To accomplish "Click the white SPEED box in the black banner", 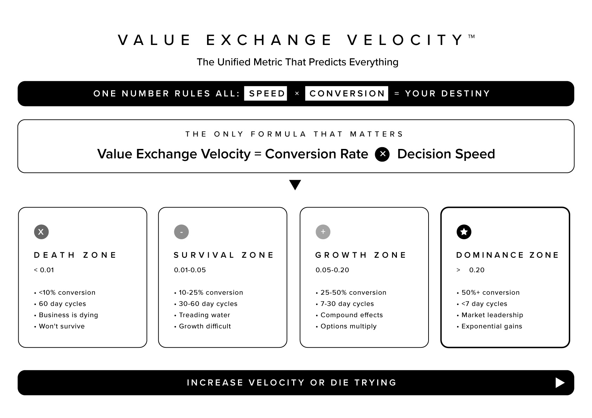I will (265, 93).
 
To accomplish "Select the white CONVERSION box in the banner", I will (347, 93).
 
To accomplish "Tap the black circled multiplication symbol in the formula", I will (382, 154).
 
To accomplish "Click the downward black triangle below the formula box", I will (295, 185).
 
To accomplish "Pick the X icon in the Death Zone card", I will (41, 232).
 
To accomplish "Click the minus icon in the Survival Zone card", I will (181, 232).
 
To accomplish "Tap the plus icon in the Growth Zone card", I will (323, 232).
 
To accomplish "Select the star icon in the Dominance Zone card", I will (464, 232).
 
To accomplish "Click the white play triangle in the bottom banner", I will (560, 383).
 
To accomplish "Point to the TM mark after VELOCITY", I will (471, 37).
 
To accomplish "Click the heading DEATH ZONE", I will (75, 255).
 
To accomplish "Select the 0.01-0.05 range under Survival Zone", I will (190, 270).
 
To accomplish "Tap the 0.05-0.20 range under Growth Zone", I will (332, 270).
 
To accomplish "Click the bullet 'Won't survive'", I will (62, 326).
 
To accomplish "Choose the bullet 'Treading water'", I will (204, 315).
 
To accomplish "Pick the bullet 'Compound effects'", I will (352, 315).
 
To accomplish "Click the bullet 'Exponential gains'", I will (491, 326).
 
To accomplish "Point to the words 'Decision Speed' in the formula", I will (446, 154).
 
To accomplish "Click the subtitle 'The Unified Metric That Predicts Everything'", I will (297, 62).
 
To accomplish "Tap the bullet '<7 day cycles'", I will (484, 304).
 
